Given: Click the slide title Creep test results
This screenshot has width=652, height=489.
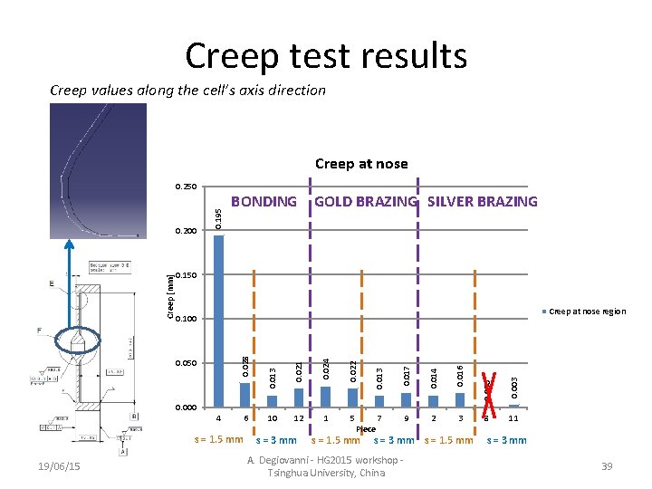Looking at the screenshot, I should [x=326, y=55].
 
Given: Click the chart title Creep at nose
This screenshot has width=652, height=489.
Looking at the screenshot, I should [x=361, y=164].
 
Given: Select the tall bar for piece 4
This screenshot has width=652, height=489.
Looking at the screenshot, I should [x=218, y=321].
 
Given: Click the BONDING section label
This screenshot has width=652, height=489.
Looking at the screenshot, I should [x=264, y=202].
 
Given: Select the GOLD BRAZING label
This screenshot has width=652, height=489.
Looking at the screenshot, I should [x=366, y=202].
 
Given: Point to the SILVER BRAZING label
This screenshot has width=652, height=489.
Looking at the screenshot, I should [x=482, y=202].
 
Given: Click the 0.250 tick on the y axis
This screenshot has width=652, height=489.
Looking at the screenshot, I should [x=185, y=187].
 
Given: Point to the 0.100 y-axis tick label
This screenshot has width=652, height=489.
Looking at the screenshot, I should [x=185, y=319].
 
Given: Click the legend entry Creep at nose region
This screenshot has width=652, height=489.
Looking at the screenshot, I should [x=586, y=312].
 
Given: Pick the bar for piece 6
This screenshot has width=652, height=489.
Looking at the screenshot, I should [x=244, y=395].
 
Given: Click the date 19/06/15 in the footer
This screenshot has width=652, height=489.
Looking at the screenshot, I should [x=61, y=465].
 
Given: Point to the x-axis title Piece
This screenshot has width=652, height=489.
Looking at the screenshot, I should [x=366, y=429].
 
